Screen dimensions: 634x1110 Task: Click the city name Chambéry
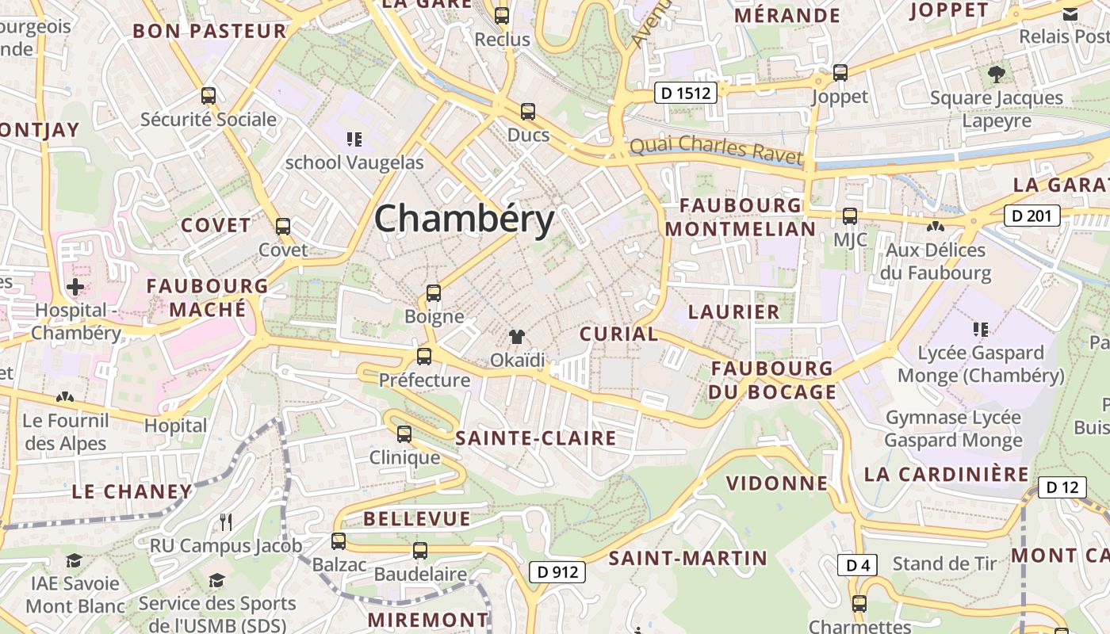pyautogui.click(x=464, y=219)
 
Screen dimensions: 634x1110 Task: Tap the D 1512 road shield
pyautogui.click(x=687, y=94)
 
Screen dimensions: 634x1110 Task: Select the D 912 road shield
pyautogui.click(x=557, y=571)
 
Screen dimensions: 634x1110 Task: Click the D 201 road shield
pyautogui.click(x=1032, y=215)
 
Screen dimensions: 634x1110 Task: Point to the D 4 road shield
pyautogui.click(x=858, y=565)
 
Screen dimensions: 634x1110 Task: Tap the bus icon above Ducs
pyautogui.click(x=528, y=112)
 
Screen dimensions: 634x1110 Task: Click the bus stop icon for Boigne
pyautogui.click(x=434, y=293)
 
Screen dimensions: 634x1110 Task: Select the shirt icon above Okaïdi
pyautogui.click(x=518, y=337)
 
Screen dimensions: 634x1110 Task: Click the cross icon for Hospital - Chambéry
pyautogui.click(x=75, y=286)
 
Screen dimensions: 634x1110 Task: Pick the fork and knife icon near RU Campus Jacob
pyautogui.click(x=226, y=521)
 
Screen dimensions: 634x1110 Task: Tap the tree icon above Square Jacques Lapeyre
pyautogui.click(x=997, y=75)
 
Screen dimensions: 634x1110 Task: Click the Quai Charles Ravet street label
pyautogui.click(x=715, y=149)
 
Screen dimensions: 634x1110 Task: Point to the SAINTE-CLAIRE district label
pyautogui.click(x=535, y=438)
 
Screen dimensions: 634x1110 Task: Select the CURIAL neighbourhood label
pyautogui.click(x=618, y=334)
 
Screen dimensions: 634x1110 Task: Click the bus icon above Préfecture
pyautogui.click(x=424, y=356)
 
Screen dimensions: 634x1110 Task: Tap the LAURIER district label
pyautogui.click(x=733, y=311)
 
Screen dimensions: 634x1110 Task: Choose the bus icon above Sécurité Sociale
pyautogui.click(x=209, y=96)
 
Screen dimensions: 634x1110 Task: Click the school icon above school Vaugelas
pyautogui.click(x=354, y=139)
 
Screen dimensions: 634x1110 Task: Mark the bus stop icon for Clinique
pyautogui.click(x=404, y=433)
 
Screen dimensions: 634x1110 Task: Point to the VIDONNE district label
pyautogui.click(x=776, y=483)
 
